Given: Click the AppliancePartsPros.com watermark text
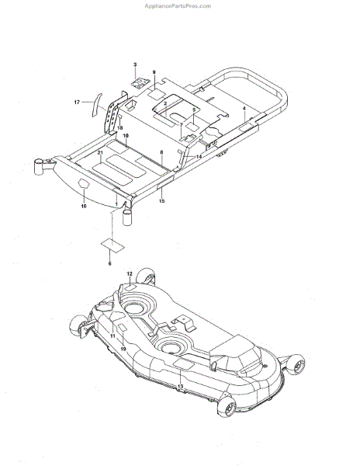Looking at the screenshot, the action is [178, 6].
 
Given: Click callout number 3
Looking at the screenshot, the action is [135, 64].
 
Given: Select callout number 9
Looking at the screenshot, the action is [154, 72].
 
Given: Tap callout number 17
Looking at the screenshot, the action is [77, 103].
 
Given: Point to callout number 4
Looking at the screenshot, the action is [244, 109].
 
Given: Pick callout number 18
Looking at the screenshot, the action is [120, 128].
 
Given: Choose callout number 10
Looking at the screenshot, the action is [126, 135].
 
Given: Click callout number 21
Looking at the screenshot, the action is [100, 152].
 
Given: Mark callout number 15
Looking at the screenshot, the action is [161, 201].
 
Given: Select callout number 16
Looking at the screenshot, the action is [84, 206].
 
